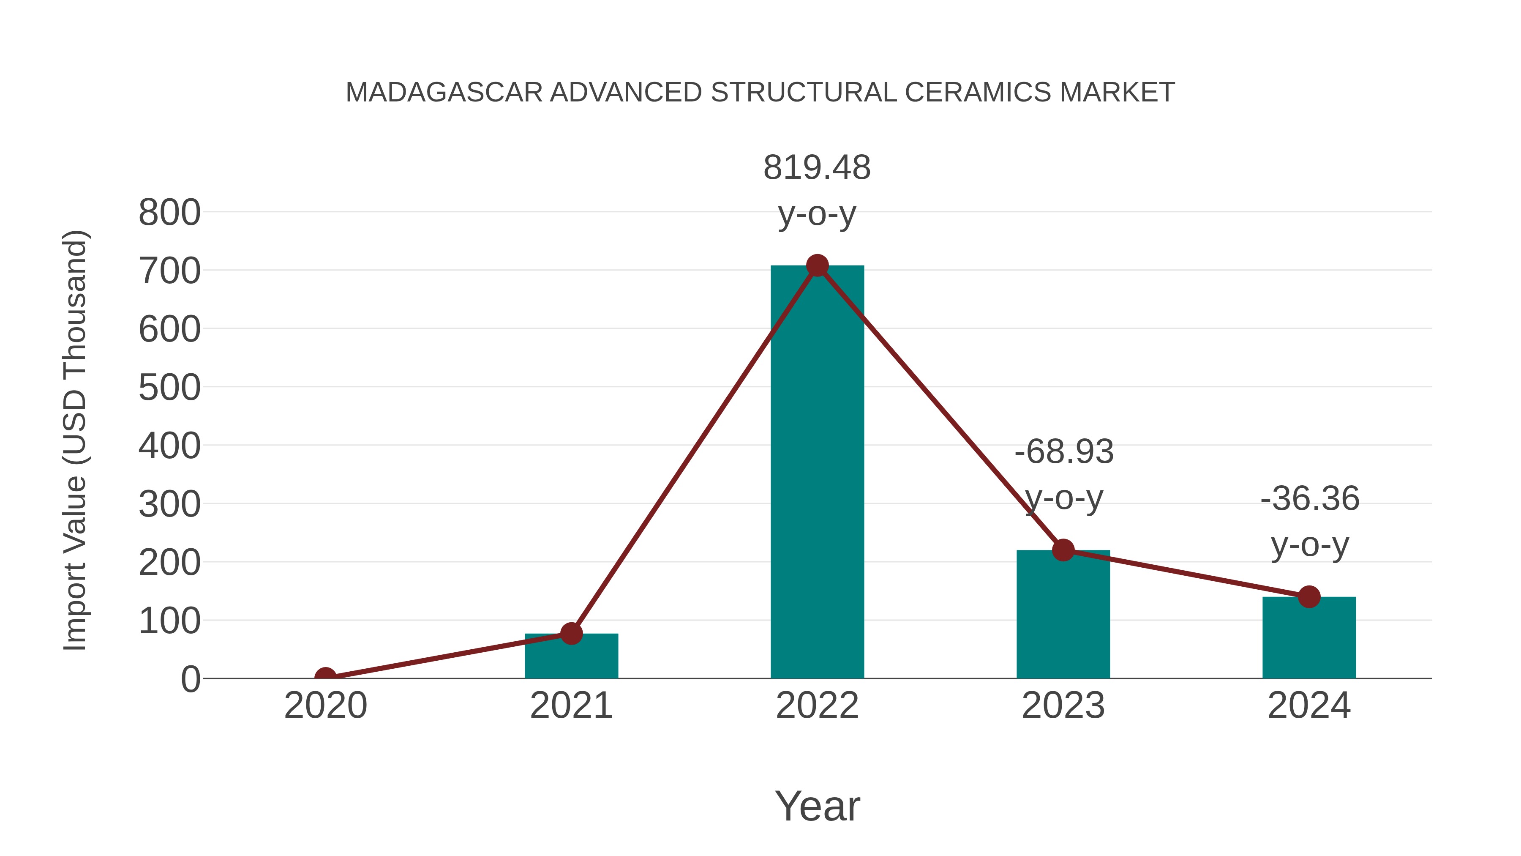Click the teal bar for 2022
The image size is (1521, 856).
click(x=817, y=473)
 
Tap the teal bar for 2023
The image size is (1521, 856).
click(x=1063, y=614)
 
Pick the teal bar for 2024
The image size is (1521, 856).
click(x=1309, y=638)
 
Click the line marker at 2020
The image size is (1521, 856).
click(x=325, y=677)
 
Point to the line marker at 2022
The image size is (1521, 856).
click(x=817, y=266)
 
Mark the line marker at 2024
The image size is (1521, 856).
click(x=1309, y=596)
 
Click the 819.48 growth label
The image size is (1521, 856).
click(x=817, y=168)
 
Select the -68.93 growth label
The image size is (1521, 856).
click(x=1064, y=452)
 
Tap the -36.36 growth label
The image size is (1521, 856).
click(x=1310, y=499)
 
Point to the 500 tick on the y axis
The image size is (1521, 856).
click(x=169, y=388)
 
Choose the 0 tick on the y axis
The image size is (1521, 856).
click(x=190, y=679)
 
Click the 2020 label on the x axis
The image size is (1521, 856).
click(x=325, y=706)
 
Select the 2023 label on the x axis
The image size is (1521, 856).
click(x=1063, y=706)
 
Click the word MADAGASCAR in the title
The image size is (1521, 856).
click(x=444, y=93)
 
